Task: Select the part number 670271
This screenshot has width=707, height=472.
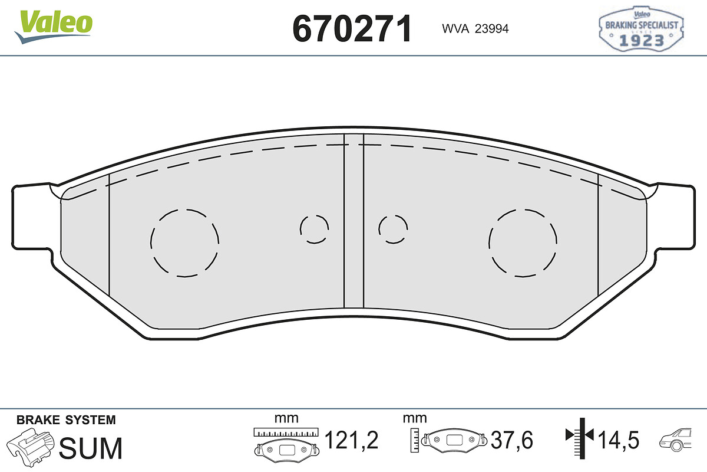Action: [x=352, y=29]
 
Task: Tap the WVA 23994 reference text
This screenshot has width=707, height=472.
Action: [x=475, y=29]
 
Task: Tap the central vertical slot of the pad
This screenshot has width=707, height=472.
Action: [x=353, y=221]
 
